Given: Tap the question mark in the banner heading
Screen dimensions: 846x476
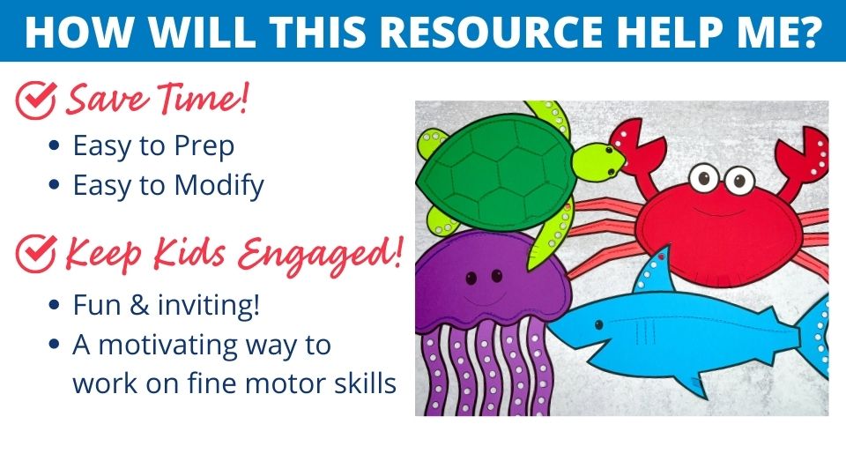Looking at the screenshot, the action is (809, 32).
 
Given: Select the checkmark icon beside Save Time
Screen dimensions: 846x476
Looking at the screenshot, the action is (35, 100).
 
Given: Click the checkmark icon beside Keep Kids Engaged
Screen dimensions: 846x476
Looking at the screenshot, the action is (35, 253).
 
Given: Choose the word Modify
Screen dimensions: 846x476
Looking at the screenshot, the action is (219, 186).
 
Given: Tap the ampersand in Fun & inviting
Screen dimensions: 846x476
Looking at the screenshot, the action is (139, 306).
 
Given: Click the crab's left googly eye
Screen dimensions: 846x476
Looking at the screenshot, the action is (704, 177).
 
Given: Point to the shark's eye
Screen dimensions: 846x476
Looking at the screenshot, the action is (599, 325).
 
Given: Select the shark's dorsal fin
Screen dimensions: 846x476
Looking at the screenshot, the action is (654, 270).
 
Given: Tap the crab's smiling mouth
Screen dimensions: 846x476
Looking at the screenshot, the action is (720, 212).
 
